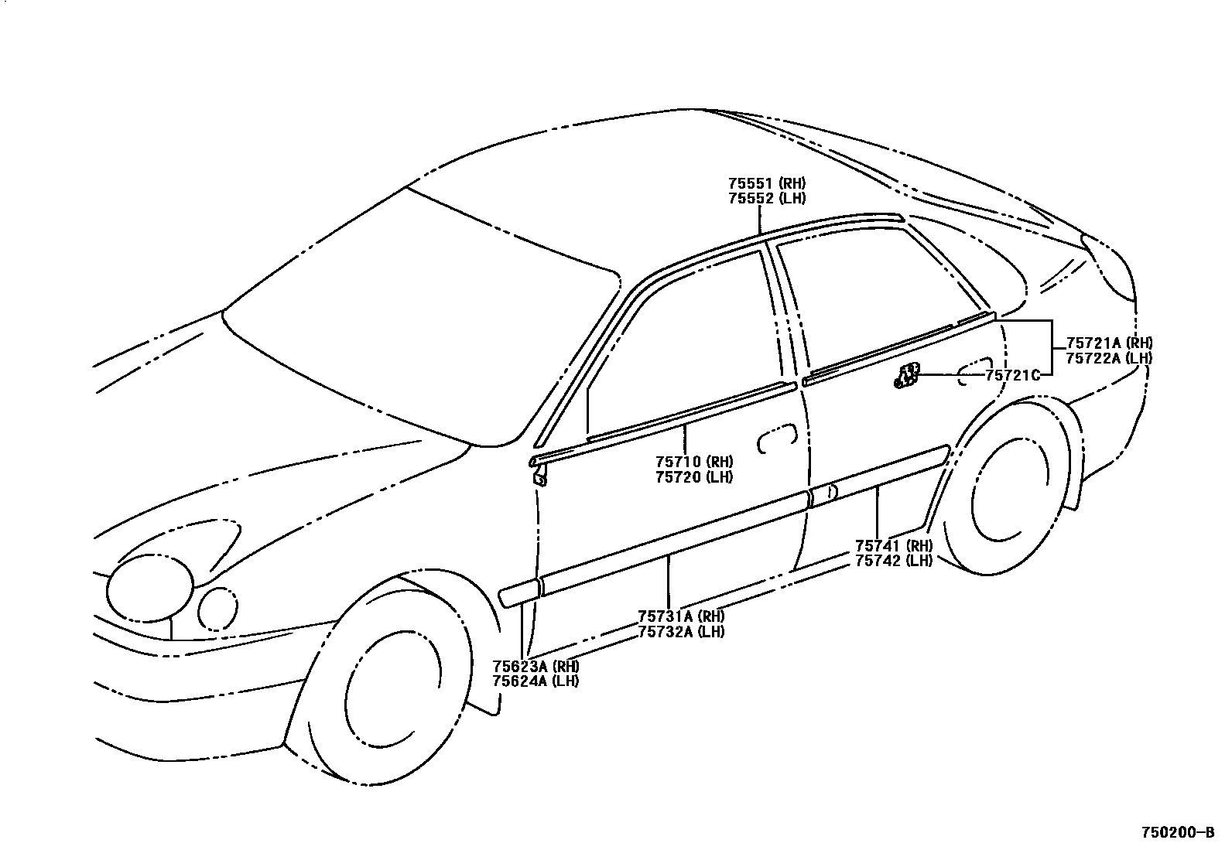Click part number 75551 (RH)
(766, 184)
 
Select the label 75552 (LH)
(766, 199)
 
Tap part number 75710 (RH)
(694, 463)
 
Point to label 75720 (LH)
(694, 477)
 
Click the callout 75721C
(1011, 375)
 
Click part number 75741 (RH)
(894, 546)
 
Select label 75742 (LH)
(894, 561)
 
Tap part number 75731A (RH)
(681, 616)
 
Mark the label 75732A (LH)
(681, 631)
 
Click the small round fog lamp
(218, 609)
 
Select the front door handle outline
(777, 438)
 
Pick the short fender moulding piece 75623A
(518, 592)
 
